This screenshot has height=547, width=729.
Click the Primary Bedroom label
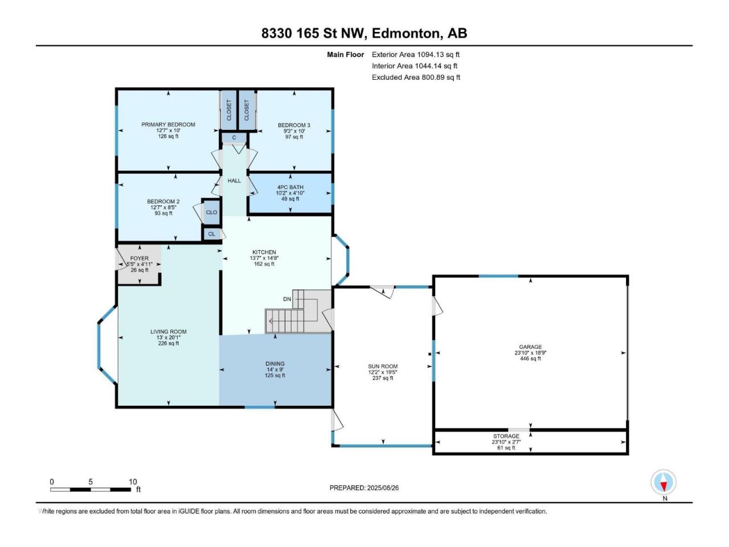[x=168, y=125]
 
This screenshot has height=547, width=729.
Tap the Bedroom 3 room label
[x=294, y=125]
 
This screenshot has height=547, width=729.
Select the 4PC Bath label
[x=290, y=187]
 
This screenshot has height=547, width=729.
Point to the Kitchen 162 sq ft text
[x=264, y=264]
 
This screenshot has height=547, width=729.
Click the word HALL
[x=234, y=181]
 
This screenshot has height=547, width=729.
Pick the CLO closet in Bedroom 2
[x=211, y=212]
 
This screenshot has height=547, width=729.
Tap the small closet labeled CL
[x=211, y=234]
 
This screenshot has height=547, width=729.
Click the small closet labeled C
[x=234, y=138]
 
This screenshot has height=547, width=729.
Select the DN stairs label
[x=287, y=299]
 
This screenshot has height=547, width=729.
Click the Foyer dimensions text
[x=140, y=264]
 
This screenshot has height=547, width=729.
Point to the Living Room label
[x=169, y=332]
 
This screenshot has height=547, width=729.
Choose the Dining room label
[x=275, y=364]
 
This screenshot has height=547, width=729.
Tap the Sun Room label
[x=383, y=366]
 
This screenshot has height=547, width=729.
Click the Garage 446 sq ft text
[x=530, y=359]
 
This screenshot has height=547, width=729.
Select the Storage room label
[x=506, y=436]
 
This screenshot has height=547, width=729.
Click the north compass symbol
[x=664, y=482]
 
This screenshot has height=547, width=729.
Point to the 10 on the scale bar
[x=133, y=482]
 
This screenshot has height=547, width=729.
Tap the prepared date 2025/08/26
[x=383, y=488]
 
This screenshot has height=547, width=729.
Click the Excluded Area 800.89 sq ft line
[x=416, y=77]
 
